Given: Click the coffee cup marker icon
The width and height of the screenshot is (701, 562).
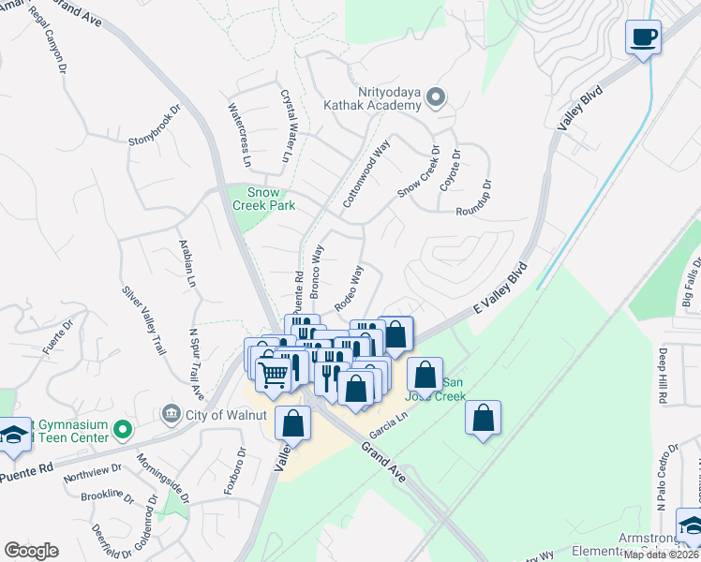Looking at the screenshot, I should [x=643, y=37].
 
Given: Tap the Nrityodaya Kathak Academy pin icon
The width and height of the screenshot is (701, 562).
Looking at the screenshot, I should [x=434, y=96].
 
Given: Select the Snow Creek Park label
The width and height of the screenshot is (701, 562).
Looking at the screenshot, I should [x=263, y=198].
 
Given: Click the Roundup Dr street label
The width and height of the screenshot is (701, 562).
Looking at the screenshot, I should [x=485, y=197].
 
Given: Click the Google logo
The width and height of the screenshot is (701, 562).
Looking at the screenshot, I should [x=31, y=551].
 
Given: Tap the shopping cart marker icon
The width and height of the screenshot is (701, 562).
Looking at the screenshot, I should [x=273, y=374].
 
